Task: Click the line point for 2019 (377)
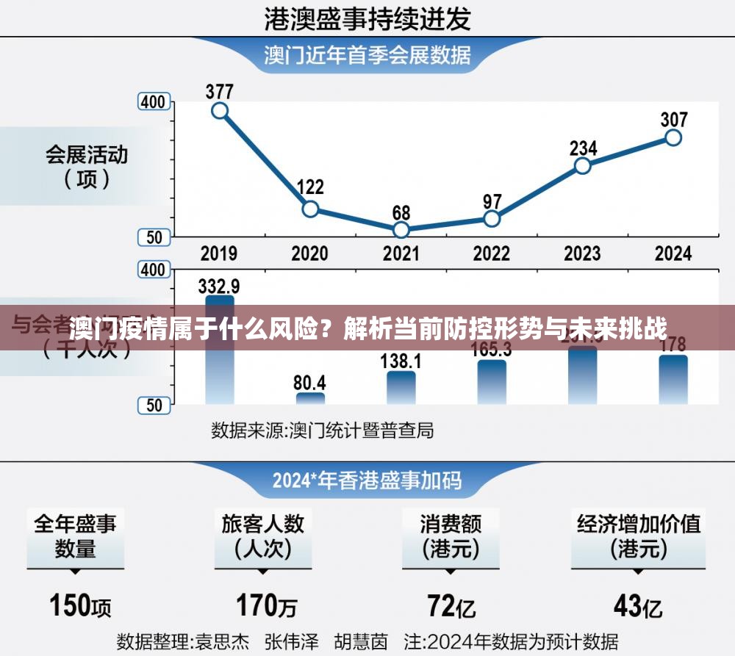219,111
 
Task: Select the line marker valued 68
401,230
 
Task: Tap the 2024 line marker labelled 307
673,137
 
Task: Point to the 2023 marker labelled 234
583,165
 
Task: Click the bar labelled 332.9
220,350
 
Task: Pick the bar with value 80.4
310,398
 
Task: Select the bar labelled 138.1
401,387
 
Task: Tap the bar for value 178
673,379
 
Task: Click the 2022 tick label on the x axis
491,253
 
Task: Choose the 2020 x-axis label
309,253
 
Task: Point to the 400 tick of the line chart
154,102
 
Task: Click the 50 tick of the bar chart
154,405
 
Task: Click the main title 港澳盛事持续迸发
367,19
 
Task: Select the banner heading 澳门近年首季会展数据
367,55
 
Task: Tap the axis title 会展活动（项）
87,167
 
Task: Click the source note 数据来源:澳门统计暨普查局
322,430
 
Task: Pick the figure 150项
80,606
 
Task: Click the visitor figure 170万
266,606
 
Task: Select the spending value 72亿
451,606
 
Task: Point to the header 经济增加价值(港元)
638,536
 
